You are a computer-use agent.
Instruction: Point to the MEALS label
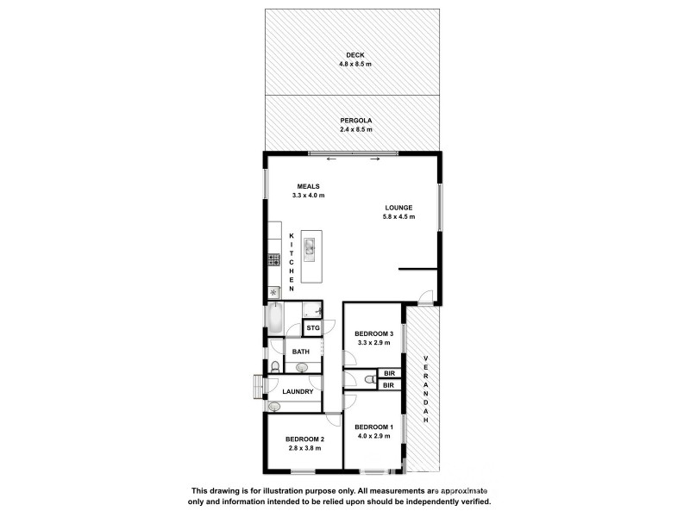[309, 186]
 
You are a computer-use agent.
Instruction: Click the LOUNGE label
[399, 208]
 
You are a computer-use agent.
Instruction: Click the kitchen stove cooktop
[273, 259]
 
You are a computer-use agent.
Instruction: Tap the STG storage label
[312, 328]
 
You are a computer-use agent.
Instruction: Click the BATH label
[301, 352]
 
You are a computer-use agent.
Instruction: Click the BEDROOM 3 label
[374, 333]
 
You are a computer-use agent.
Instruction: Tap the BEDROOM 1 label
[374, 427]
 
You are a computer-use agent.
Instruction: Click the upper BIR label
[389, 373]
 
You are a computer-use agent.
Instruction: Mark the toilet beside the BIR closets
[369, 378]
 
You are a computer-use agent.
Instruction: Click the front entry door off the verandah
[423, 298]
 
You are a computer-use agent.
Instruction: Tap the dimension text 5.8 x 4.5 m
[399, 217]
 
